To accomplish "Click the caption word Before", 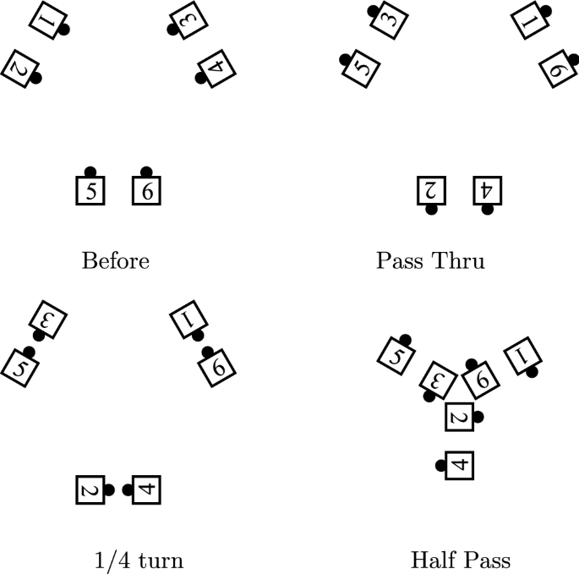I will click(115, 260).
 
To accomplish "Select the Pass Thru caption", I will click(430, 260).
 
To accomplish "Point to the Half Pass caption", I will click(460, 560).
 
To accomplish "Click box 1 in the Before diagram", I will click(48, 19).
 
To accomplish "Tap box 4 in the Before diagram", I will click(216, 68).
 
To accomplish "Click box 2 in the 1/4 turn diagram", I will click(90, 489).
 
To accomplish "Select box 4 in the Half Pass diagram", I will click(459, 465).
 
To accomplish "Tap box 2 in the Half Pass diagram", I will click(459, 416).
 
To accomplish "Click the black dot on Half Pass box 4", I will click(440, 465).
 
